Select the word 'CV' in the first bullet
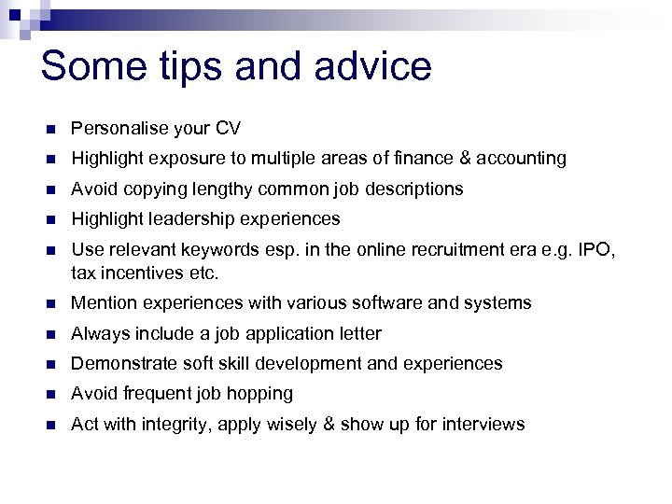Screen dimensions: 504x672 point(228,128)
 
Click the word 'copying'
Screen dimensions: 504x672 point(148,189)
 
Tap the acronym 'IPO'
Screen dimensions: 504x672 point(596,250)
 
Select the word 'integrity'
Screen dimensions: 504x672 point(174,425)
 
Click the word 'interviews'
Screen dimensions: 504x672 point(483,425)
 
